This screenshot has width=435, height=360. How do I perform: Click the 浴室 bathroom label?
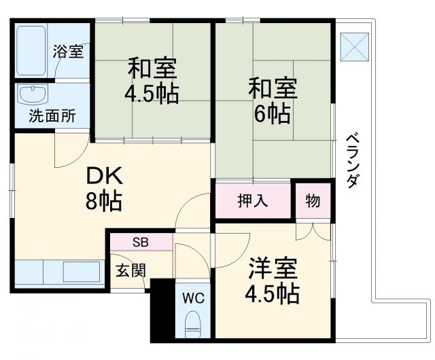click(68, 51)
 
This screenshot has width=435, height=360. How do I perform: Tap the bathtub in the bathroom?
click(31, 51)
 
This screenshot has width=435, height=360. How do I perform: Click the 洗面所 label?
click(52, 115)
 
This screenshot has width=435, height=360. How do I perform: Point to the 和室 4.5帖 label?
click(151, 81)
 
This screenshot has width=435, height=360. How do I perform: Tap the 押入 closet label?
click(253, 201)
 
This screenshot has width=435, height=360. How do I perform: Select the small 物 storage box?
click(313, 201)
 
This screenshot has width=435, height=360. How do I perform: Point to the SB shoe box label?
click(141, 242)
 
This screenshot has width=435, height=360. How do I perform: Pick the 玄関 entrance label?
click(129, 270)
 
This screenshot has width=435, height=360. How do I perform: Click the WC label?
click(193, 298)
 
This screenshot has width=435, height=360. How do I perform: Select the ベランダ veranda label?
click(352, 160)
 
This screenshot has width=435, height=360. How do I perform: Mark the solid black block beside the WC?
click(162, 310)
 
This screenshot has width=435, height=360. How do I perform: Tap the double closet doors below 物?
click(313, 231)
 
